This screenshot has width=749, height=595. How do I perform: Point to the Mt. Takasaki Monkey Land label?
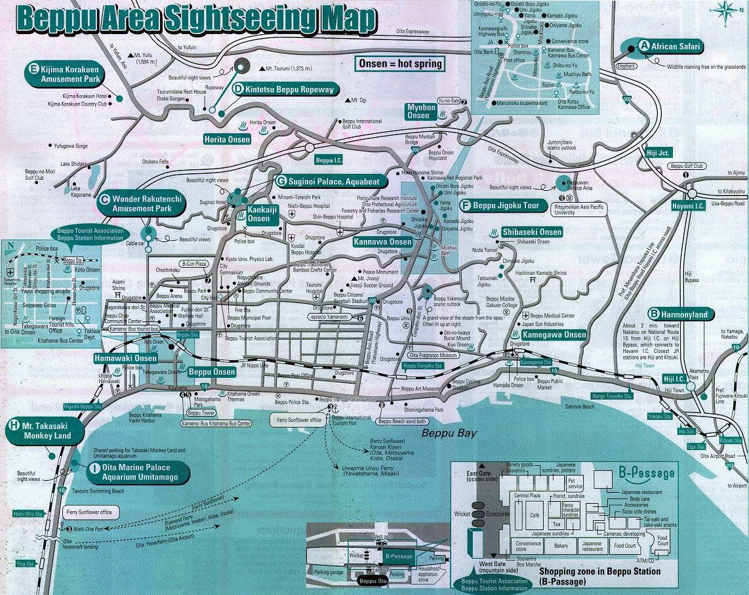(46, 430)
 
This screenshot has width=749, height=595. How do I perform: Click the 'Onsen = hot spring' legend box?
(400, 64)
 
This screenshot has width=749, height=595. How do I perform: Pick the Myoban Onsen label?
(418, 111)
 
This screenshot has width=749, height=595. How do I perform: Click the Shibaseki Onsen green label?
(531, 232)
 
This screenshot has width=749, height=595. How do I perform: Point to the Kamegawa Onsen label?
(549, 335)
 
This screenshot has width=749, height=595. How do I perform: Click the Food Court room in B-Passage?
(625, 545)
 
